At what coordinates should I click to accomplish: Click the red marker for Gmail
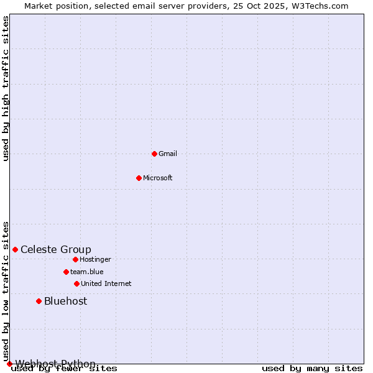(x=154, y=154)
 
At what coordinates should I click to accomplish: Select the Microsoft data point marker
(x=139, y=178)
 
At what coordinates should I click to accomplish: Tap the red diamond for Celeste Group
(x=15, y=249)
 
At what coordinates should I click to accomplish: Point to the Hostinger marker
(x=75, y=259)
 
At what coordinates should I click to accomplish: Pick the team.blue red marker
(x=66, y=272)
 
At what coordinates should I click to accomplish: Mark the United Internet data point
(x=76, y=283)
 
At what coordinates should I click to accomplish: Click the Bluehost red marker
(x=39, y=301)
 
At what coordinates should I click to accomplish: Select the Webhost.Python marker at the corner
(x=9, y=364)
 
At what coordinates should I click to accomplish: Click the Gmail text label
(x=168, y=154)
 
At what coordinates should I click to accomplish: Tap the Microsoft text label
(x=157, y=178)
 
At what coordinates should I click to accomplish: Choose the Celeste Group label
(x=55, y=250)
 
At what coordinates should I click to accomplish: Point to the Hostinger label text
(x=95, y=259)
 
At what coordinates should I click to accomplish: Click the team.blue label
(x=86, y=272)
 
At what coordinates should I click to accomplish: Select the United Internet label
(x=106, y=283)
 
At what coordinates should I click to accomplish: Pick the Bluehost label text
(x=65, y=302)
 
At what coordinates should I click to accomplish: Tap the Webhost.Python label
(x=55, y=364)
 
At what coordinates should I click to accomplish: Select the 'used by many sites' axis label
(x=312, y=369)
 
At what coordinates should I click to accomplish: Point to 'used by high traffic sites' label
(x=6, y=88)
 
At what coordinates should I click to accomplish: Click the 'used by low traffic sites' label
(x=6, y=291)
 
